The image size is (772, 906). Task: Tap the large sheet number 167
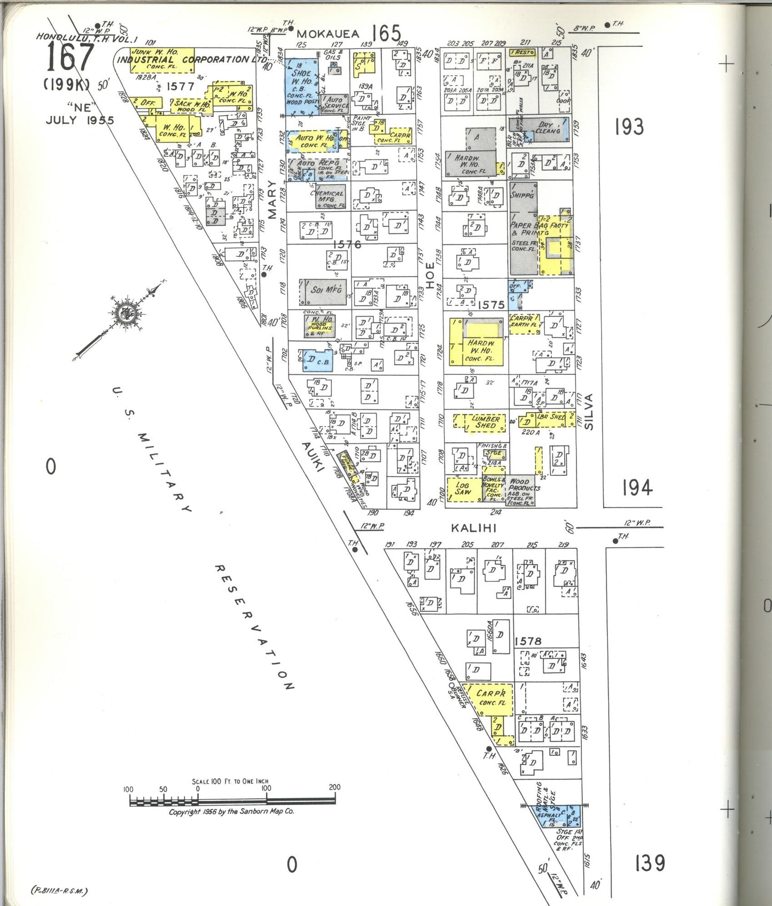(x=71, y=58)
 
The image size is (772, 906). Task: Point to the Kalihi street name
(x=474, y=528)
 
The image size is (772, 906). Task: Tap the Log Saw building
(x=463, y=489)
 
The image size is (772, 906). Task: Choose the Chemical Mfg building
(x=328, y=197)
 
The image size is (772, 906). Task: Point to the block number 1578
(x=528, y=641)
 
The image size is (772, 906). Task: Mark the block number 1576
(x=347, y=245)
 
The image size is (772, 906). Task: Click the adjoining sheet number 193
(x=629, y=127)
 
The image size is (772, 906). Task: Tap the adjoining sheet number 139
(x=650, y=863)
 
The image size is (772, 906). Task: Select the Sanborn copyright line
(x=231, y=812)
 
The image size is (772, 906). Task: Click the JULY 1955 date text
(x=80, y=120)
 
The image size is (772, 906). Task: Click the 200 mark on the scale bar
(x=334, y=787)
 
